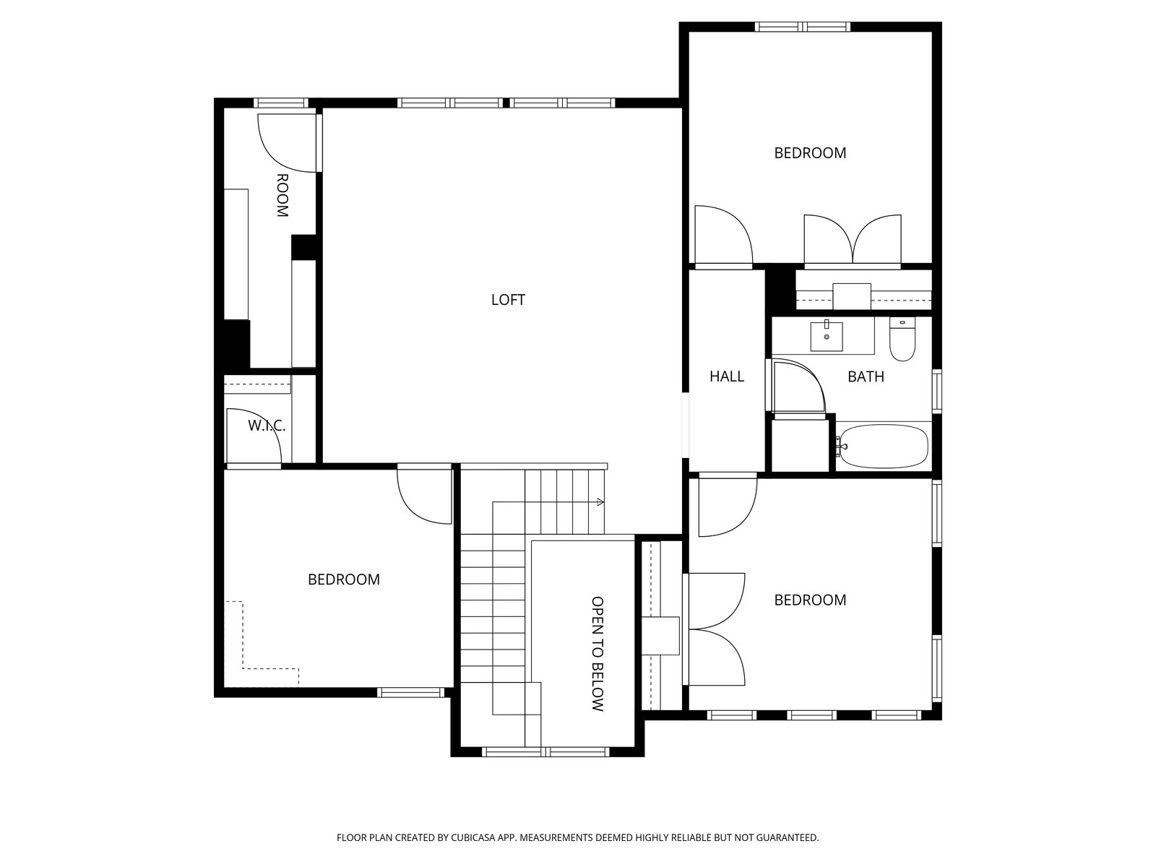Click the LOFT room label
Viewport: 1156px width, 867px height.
click(508, 300)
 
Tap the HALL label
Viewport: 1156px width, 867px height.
click(727, 376)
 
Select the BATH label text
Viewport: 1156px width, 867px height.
click(866, 376)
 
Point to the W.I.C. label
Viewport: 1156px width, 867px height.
click(267, 426)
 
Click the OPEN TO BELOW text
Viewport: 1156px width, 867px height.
click(598, 654)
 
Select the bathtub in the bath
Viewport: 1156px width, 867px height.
click(883, 447)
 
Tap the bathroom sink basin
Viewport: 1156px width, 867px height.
click(827, 337)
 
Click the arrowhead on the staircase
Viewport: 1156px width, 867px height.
click(600, 502)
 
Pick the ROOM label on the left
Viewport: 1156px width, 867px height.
click(282, 195)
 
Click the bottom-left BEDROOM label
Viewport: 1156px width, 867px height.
click(343, 579)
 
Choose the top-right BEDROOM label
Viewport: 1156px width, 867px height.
click(810, 153)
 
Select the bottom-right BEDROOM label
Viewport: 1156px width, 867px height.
click(810, 600)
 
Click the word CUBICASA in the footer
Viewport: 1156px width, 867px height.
click(473, 837)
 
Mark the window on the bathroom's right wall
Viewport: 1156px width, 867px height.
click(937, 391)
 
